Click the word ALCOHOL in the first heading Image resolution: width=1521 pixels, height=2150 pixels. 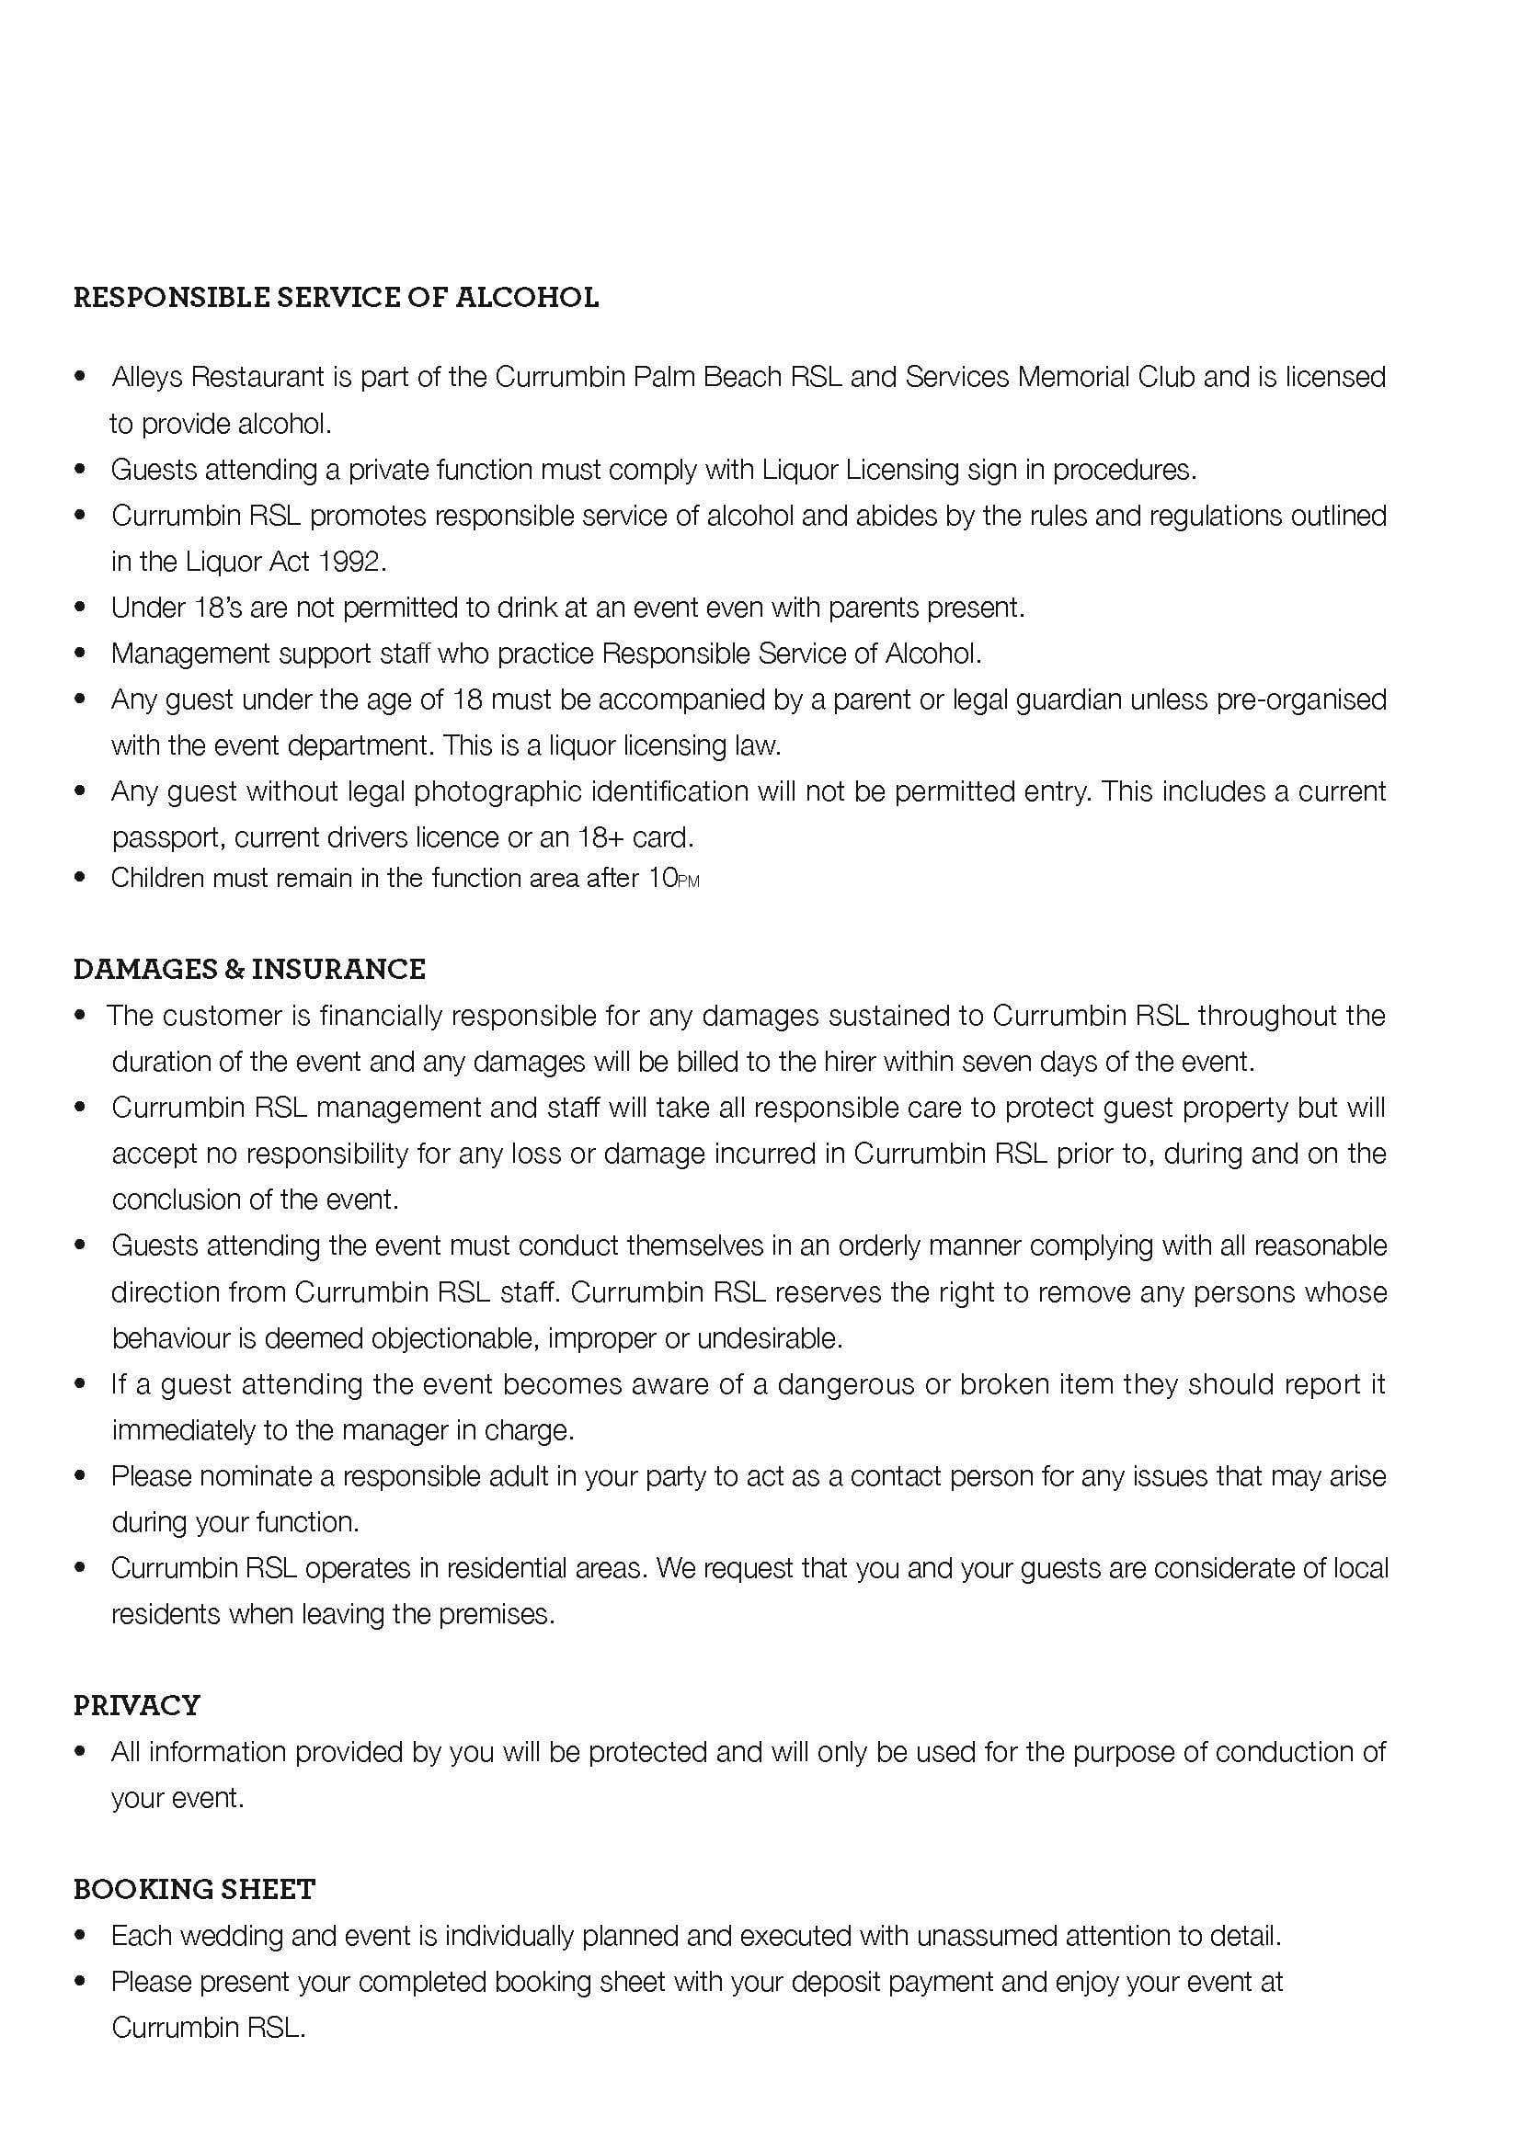526,298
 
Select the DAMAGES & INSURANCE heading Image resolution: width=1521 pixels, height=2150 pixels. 249,969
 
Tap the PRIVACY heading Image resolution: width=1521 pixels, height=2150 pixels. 137,1705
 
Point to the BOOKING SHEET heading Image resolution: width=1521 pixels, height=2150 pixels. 194,1890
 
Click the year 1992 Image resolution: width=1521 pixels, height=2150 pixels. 351,562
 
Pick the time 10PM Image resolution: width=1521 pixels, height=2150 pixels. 673,879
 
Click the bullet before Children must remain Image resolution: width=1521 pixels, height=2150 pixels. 81,879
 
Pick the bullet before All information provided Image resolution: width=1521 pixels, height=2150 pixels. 81,1752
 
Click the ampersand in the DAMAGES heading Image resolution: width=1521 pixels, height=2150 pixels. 233,969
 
